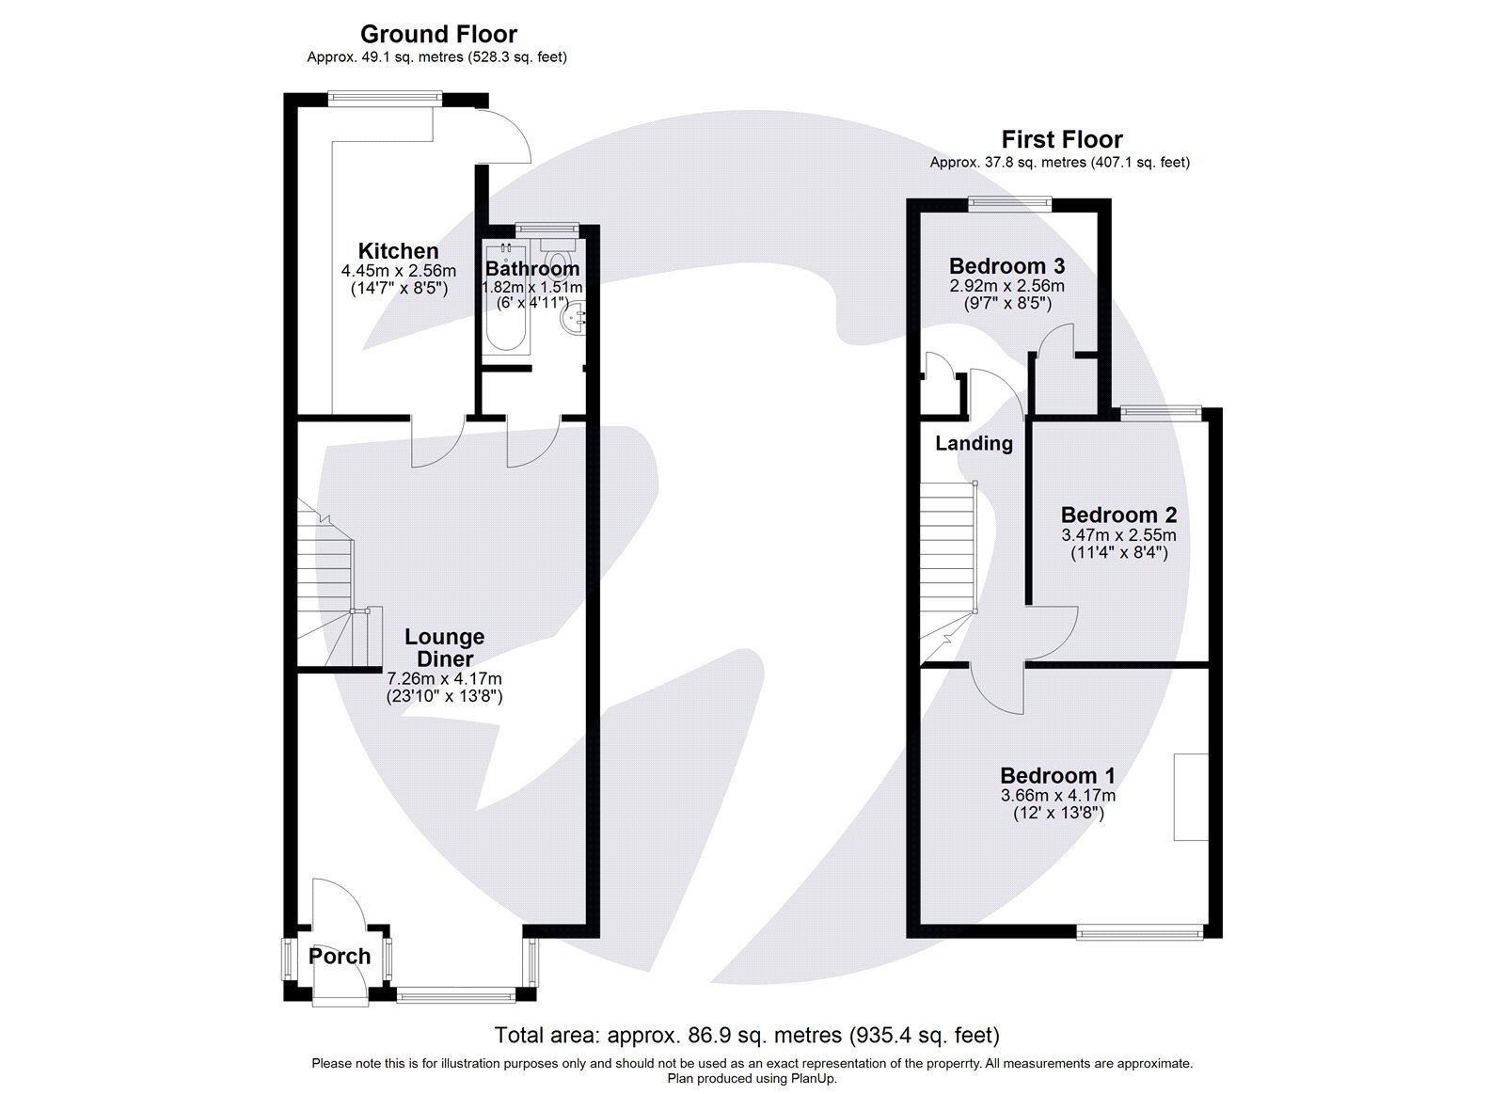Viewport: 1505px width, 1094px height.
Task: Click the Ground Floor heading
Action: click(438, 35)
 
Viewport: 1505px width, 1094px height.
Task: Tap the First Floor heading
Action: click(1061, 139)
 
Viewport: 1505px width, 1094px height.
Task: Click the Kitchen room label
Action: click(398, 251)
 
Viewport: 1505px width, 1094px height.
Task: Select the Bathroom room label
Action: click(532, 269)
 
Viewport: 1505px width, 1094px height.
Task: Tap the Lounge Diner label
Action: click(445, 648)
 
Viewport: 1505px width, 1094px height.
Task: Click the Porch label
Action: click(340, 957)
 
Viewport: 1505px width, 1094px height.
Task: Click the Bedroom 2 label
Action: click(1118, 515)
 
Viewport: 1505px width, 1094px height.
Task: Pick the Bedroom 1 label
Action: click(1057, 776)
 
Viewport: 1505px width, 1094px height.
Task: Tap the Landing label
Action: click(974, 444)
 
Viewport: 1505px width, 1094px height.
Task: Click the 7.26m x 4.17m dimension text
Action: click(444, 678)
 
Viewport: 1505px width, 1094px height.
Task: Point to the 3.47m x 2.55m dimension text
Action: click(1118, 535)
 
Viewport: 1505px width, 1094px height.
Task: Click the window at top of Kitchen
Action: click(385, 95)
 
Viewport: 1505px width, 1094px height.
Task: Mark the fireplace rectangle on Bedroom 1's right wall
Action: click(1191, 796)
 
